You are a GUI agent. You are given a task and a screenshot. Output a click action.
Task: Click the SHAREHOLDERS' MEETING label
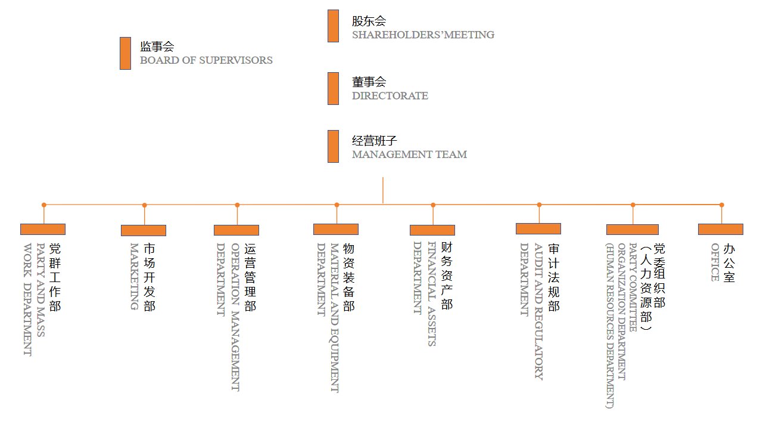[423, 35]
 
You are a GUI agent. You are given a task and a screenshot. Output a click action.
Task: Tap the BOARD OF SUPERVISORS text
[206, 60]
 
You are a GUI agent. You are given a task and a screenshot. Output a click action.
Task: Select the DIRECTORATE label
[390, 95]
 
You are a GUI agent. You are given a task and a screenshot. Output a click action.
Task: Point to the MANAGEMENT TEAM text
[409, 154]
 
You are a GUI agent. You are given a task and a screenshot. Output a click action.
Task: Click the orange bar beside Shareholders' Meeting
[333, 26]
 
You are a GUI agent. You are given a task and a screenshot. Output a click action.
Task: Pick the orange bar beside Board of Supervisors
[125, 53]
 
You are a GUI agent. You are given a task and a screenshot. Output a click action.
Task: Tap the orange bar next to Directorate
[333, 88]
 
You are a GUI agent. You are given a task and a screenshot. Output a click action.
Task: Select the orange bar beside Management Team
[333, 146]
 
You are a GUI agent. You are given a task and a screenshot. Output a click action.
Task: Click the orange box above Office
[720, 229]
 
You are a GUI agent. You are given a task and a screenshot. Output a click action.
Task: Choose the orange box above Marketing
[144, 230]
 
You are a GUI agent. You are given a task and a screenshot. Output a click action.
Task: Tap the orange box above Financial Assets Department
[432, 230]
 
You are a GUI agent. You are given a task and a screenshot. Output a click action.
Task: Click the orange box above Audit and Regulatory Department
[538, 228]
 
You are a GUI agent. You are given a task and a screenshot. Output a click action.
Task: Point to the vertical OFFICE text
[715, 262]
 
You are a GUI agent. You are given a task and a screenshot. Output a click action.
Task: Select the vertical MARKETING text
[134, 276]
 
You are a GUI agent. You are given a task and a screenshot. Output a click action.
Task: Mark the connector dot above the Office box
[721, 205]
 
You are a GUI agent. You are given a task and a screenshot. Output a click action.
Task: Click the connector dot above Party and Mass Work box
[43, 205]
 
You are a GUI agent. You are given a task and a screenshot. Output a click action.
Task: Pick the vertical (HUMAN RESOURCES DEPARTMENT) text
[609, 325]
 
